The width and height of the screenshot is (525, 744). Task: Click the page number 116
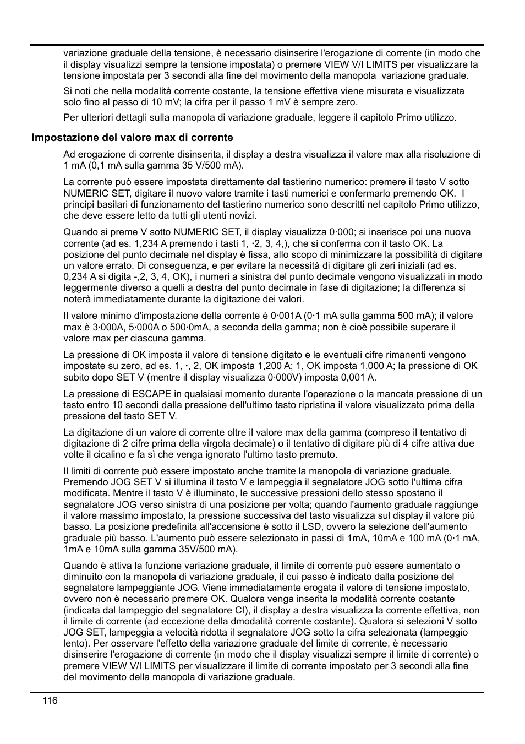click(49, 700)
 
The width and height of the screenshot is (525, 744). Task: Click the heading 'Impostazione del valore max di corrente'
click(132, 138)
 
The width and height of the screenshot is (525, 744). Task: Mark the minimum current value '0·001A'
click(285, 316)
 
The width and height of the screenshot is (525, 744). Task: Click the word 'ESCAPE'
click(151, 394)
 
